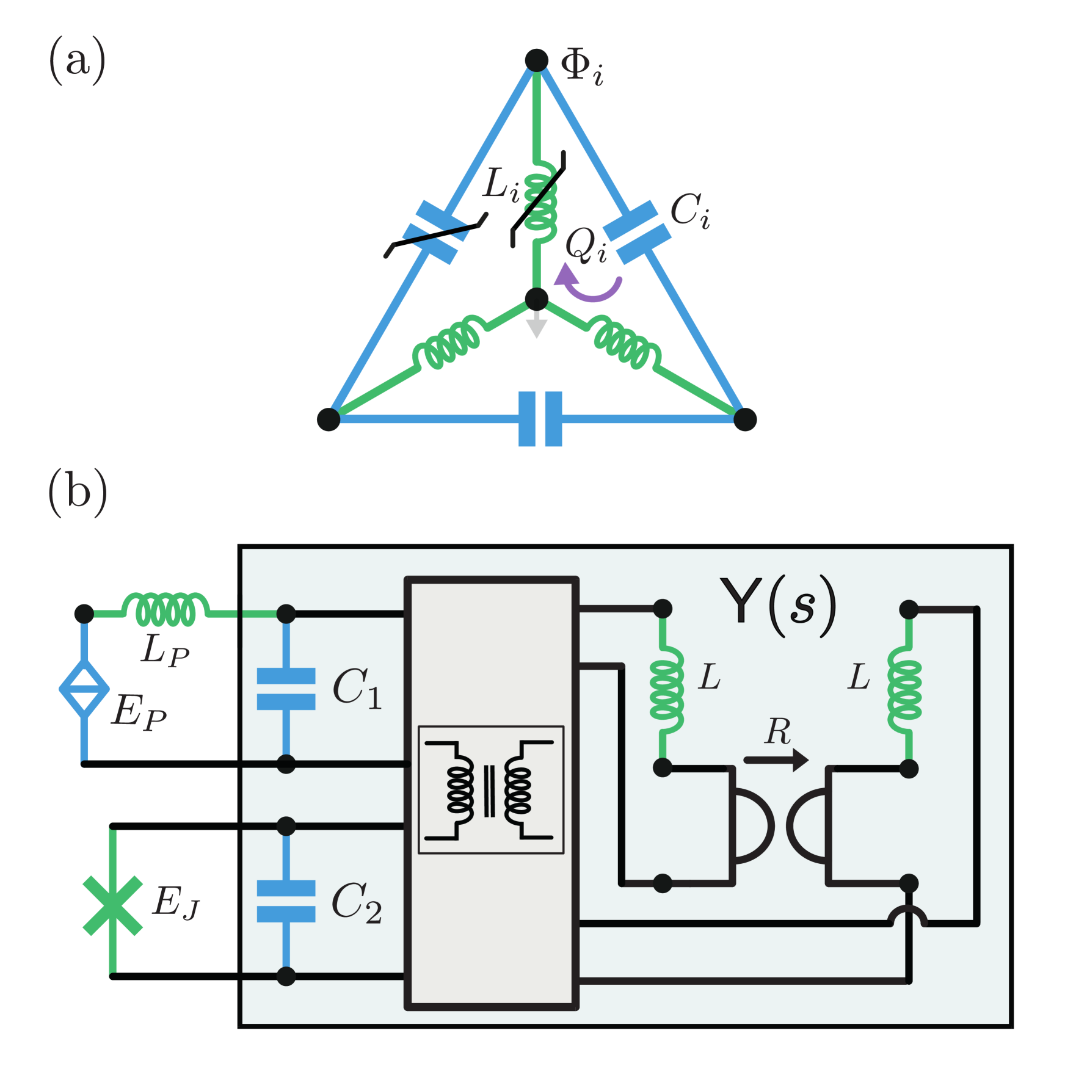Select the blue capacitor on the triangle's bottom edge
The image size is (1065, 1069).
click(x=540, y=419)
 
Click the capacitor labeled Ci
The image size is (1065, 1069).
click(x=637, y=233)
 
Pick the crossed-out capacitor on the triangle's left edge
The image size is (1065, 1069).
click(x=436, y=233)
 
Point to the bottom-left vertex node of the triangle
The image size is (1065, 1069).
click(x=329, y=419)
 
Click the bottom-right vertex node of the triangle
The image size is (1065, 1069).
click(x=745, y=419)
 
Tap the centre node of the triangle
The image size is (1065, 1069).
click(x=537, y=299)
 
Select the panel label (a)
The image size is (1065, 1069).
click(x=78, y=60)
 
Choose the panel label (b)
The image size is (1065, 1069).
click(x=78, y=492)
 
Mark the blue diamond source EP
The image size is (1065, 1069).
click(x=85, y=689)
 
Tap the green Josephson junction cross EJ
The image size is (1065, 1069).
click(x=113, y=905)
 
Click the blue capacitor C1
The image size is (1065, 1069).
click(x=286, y=689)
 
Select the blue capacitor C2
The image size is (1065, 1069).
click(x=286, y=900)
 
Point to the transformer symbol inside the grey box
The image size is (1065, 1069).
click(x=490, y=789)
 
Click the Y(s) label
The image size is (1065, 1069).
click(x=777, y=604)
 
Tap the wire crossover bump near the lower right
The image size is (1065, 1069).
click(x=908, y=916)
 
